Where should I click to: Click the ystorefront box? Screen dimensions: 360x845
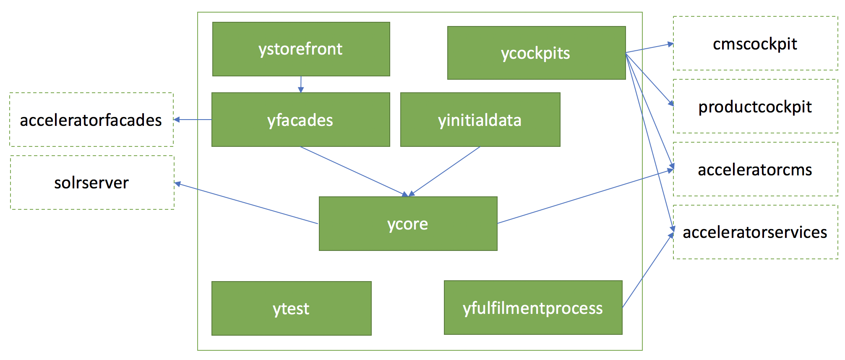pyautogui.click(x=301, y=49)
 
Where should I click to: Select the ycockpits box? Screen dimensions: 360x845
pyautogui.click(x=536, y=53)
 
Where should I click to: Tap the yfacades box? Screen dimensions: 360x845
pyautogui.click(x=300, y=120)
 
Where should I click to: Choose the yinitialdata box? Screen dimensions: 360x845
pyautogui.click(x=480, y=120)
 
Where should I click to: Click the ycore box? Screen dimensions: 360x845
pyautogui.click(x=408, y=224)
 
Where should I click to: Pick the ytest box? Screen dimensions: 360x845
pyautogui.click(x=291, y=308)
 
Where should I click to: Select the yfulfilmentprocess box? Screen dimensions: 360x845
pyautogui.click(x=533, y=308)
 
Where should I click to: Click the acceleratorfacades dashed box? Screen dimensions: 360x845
pyautogui.click(x=91, y=120)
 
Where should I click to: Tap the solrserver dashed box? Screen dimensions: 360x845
pyautogui.click(x=92, y=183)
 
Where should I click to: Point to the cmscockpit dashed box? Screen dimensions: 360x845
pyautogui.click(x=755, y=43)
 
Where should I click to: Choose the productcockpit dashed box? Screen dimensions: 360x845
pyautogui.click(x=755, y=106)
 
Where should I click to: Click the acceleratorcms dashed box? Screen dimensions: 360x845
pyautogui.click(x=755, y=169)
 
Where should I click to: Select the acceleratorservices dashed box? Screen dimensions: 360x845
pyautogui.click(x=755, y=232)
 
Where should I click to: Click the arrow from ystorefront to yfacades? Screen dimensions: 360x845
pyautogui.click(x=301, y=84)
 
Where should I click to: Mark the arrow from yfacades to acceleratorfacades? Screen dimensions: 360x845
pyautogui.click(x=193, y=120)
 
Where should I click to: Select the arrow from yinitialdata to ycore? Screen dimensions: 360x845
pyautogui.click(x=445, y=171)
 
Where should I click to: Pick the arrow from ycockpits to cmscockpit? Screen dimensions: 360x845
pyautogui.click(x=649, y=48)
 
